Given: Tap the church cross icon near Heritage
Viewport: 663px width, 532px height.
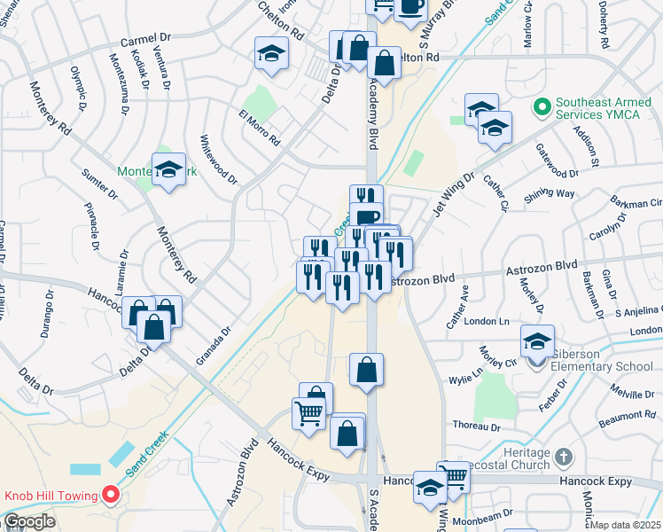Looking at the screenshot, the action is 564,458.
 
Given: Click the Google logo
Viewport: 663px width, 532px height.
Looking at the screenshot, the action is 29,521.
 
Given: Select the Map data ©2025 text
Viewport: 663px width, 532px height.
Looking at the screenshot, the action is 626,525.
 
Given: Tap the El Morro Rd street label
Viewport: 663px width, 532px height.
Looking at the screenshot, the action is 259,129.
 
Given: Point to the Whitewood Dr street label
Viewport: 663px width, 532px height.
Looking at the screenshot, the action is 219,160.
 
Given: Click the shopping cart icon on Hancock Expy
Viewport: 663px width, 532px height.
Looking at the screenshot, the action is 455,476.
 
